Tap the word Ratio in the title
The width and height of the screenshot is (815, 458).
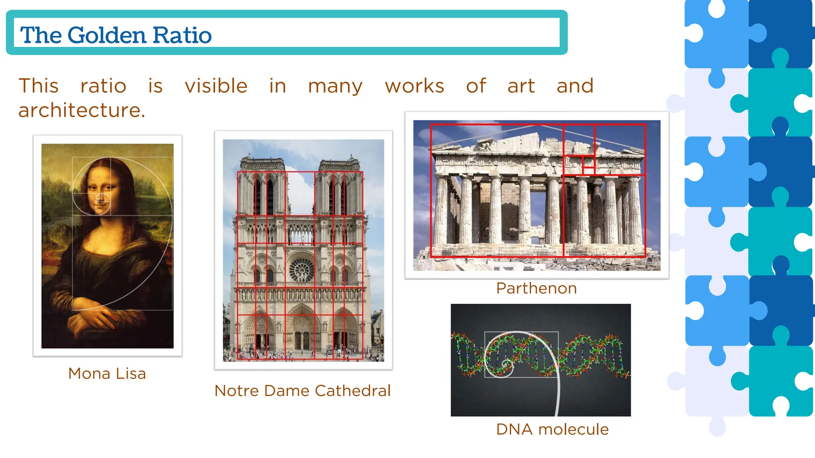click(182, 35)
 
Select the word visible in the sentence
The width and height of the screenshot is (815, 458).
click(216, 86)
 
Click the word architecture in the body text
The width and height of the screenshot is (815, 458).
click(82, 110)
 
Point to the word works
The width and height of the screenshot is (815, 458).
click(414, 86)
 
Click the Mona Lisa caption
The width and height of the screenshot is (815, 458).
click(107, 374)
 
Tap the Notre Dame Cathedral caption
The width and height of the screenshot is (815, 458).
click(302, 391)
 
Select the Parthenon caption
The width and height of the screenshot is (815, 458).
click(536, 288)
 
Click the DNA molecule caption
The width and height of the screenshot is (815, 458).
click(552, 429)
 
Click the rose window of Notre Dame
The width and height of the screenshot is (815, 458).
click(301, 270)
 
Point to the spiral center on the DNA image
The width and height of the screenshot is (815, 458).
click(506, 364)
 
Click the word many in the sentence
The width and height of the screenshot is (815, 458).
click(335, 86)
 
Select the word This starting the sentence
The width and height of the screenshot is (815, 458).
click(39, 86)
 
